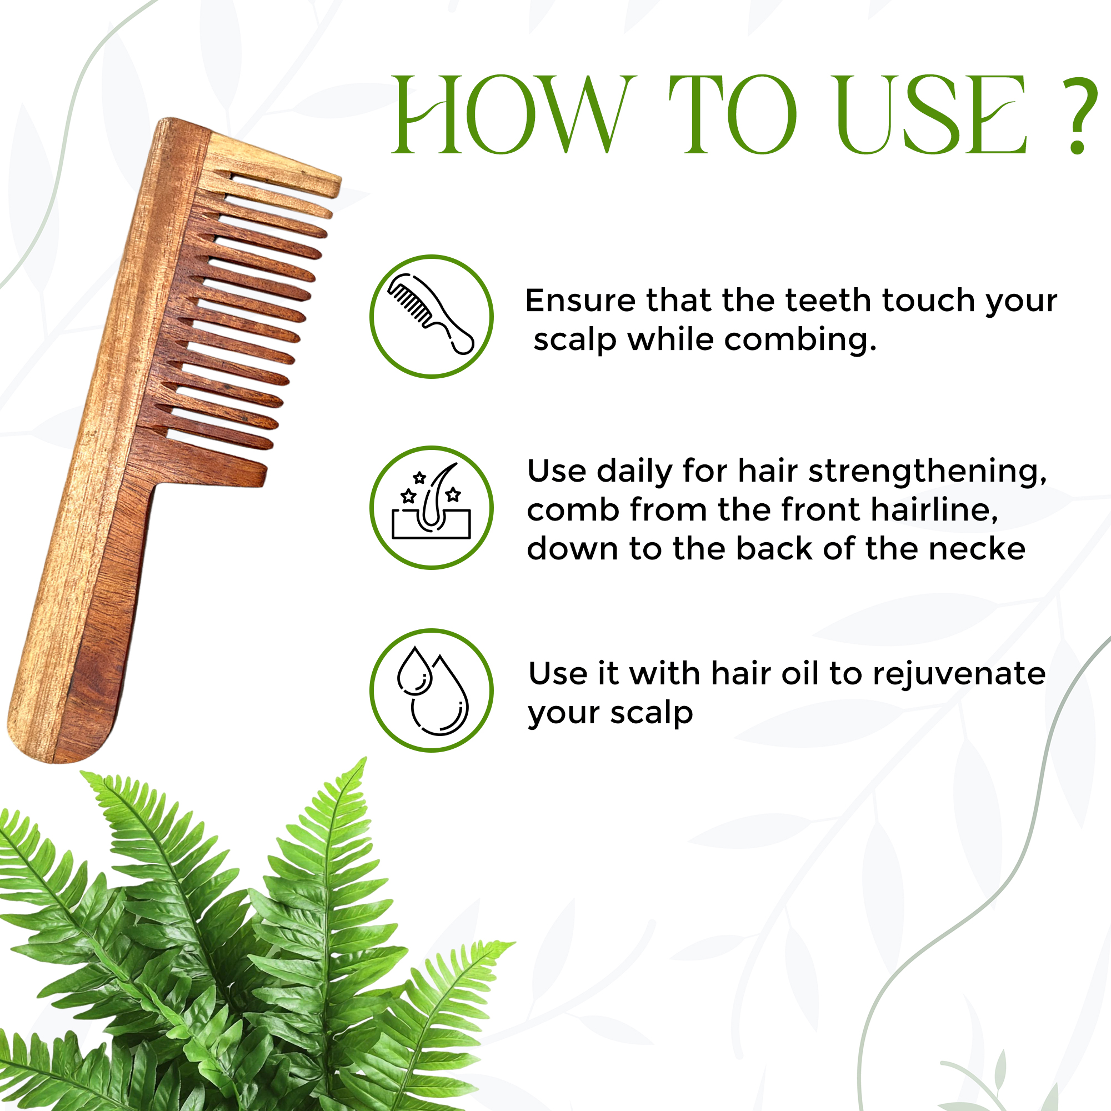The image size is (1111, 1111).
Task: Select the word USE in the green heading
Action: pyautogui.click(x=931, y=114)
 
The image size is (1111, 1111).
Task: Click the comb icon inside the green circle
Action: pyautogui.click(x=431, y=314)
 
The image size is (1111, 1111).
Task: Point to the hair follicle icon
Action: pyautogui.click(x=431, y=501)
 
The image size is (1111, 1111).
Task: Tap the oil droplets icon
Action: pyautogui.click(x=432, y=690)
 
